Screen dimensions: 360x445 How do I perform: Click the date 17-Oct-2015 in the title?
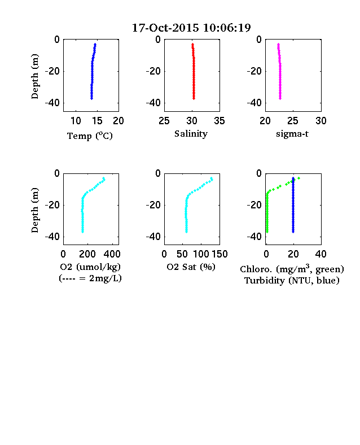tap(165, 28)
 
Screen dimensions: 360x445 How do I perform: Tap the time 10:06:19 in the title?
tap(227, 28)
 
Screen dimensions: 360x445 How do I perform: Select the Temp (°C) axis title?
tap(90, 136)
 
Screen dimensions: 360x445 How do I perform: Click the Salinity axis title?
tap(191, 134)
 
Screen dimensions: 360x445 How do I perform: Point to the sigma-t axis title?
tap(292, 134)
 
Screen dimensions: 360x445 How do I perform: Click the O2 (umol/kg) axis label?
tap(90, 267)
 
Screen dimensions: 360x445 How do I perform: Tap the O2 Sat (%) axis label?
tap(191, 267)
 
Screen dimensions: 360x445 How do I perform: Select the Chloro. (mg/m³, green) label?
tap(292, 269)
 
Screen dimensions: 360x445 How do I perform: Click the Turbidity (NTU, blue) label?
tap(292, 281)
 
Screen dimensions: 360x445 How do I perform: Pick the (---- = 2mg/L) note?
tap(90, 278)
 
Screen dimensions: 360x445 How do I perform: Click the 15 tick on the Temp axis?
tap(97, 121)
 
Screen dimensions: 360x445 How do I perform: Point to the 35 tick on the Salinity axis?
tap(219, 121)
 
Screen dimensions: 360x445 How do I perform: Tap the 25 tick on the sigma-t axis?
tap(292, 121)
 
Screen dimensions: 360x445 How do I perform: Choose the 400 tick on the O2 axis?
tap(112, 254)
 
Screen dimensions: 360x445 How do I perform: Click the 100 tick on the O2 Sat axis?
tap(201, 254)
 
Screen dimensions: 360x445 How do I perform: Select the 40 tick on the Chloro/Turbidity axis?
tap(321, 254)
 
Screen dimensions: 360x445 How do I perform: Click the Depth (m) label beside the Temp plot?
tap(34, 76)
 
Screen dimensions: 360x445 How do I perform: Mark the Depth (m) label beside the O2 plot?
tap(34, 210)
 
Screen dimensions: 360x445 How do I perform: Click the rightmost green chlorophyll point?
tap(298, 178)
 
